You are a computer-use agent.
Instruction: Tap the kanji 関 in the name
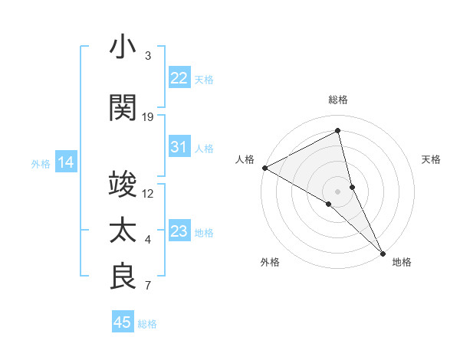point(123,107)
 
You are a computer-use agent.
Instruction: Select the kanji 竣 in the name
point(123,184)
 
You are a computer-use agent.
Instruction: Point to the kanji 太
point(123,230)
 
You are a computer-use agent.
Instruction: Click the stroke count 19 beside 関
point(148,117)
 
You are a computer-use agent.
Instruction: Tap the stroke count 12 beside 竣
point(148,194)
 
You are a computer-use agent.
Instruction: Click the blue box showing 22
point(179,77)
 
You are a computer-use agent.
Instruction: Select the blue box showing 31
point(179,147)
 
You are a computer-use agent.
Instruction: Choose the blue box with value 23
point(179,231)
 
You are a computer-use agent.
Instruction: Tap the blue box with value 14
point(65,162)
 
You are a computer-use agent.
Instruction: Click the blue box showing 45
point(123,322)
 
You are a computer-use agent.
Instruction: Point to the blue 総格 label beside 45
point(147,324)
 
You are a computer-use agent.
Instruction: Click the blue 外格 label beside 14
point(41,163)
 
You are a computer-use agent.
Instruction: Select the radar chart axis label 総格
point(338,100)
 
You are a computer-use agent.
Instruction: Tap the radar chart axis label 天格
point(432,159)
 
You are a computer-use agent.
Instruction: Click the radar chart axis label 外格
point(270,262)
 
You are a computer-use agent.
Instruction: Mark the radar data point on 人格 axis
point(264,167)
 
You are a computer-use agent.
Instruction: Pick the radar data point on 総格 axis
point(338,132)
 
